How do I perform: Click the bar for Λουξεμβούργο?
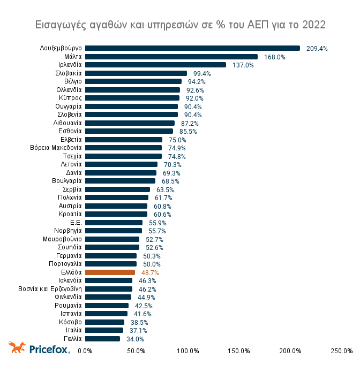[192, 48]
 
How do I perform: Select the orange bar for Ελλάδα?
[110, 272]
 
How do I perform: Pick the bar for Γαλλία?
[102, 339]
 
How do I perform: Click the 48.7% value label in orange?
[150, 272]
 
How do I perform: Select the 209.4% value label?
[317, 48]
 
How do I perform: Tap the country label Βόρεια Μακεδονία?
[56, 148]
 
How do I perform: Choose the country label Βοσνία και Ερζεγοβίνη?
[49, 289]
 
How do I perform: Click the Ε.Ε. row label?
[76, 223]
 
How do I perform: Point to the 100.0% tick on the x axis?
[188, 351]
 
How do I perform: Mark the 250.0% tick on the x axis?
[341, 351]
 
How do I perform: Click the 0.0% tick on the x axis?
[86, 351]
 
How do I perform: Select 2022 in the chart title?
[313, 25]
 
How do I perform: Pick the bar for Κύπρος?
[132, 98]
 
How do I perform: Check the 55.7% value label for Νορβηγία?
[157, 231]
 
